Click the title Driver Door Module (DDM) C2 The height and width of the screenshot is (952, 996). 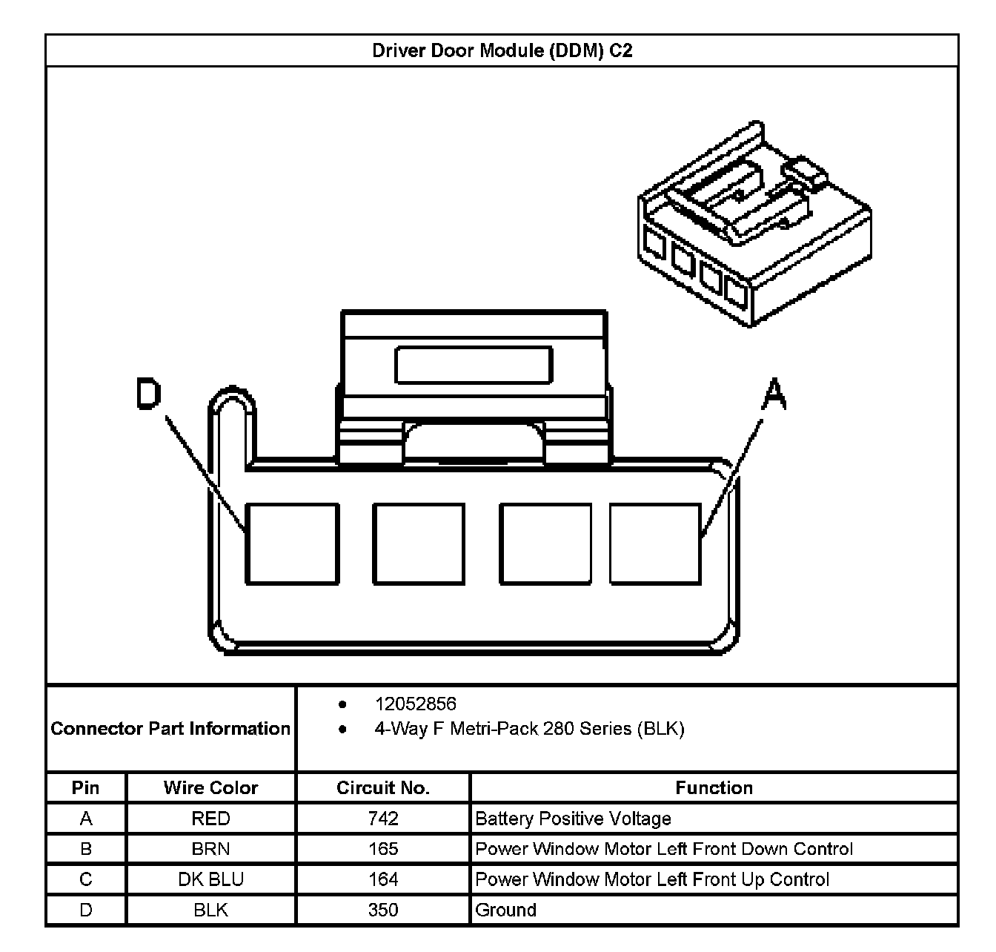(502, 51)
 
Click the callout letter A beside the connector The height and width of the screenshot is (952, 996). (774, 394)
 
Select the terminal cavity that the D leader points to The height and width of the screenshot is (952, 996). (292, 544)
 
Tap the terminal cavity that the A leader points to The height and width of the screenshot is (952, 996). (655, 544)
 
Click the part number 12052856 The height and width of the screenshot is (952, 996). (415, 704)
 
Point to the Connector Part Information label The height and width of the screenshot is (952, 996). (170, 729)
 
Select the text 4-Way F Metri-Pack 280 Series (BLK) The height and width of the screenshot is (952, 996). (529, 729)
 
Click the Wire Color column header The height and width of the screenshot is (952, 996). (210, 787)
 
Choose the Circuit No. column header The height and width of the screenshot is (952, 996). (382, 787)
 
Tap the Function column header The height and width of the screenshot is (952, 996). (714, 787)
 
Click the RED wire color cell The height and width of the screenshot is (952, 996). (210, 819)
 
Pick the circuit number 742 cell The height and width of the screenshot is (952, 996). (382, 819)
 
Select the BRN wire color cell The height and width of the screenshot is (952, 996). (210, 849)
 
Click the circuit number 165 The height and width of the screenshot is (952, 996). (382, 849)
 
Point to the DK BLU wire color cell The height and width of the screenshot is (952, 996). (210, 879)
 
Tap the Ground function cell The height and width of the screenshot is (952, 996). (505, 910)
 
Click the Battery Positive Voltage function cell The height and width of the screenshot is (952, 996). (573, 819)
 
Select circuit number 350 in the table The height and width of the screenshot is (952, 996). (382, 910)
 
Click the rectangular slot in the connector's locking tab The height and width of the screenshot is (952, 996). (474, 365)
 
